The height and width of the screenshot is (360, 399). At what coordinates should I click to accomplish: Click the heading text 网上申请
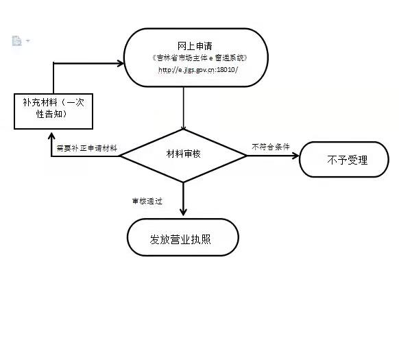(195, 46)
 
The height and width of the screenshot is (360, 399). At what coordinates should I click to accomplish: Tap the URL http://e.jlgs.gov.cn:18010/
(198, 70)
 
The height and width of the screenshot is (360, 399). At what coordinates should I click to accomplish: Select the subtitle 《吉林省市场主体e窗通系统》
(199, 58)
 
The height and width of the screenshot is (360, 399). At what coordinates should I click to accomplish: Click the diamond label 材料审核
(183, 154)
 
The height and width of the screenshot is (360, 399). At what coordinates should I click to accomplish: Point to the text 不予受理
(348, 160)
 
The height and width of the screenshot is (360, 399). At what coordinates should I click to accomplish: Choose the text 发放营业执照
(180, 239)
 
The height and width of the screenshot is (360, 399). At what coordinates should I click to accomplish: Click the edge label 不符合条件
(271, 147)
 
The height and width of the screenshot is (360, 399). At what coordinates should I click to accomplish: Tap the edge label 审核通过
(147, 201)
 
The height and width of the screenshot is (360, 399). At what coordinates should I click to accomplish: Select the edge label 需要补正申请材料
(87, 148)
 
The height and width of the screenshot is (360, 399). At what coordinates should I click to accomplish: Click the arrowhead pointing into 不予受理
(296, 156)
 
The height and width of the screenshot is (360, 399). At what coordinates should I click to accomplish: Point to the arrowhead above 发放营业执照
(183, 212)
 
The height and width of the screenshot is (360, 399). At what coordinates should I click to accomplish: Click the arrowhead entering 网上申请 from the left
(121, 63)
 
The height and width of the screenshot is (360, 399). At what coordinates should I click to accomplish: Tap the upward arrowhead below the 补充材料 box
(51, 136)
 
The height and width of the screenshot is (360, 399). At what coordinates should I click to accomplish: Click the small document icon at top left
(16, 40)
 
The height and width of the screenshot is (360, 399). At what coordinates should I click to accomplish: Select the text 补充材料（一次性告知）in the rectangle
(53, 108)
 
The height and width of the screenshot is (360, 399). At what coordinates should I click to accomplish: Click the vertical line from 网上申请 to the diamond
(184, 108)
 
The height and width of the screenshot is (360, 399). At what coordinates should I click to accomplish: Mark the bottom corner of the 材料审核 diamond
(183, 182)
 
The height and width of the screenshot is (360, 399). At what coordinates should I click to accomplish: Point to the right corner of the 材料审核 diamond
(247, 156)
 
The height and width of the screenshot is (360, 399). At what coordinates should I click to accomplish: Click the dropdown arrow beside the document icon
(27, 40)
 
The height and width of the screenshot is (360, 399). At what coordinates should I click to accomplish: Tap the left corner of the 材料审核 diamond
(120, 156)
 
